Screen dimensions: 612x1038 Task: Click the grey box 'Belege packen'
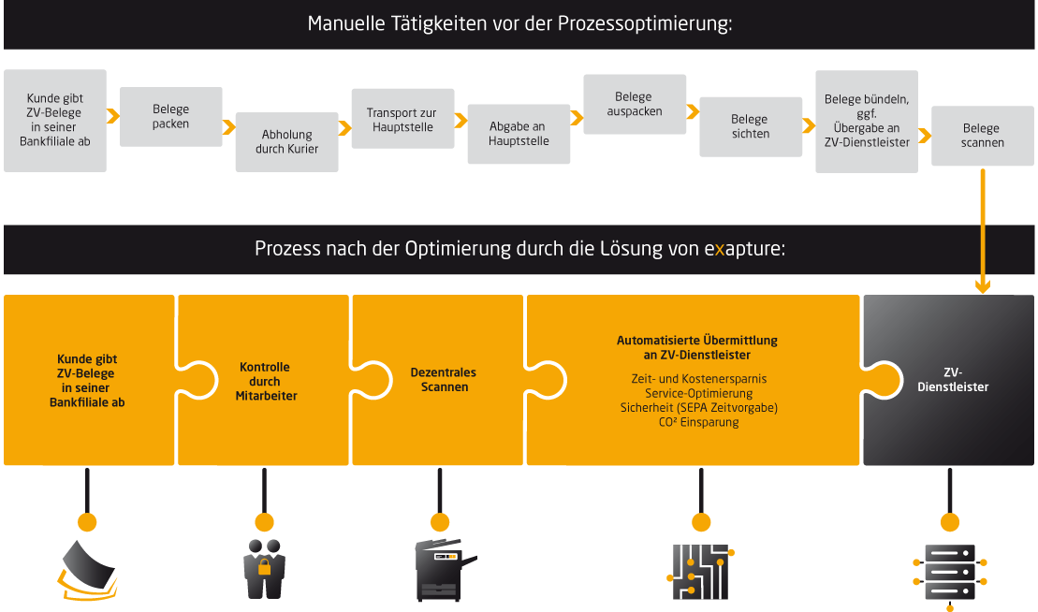[171, 116]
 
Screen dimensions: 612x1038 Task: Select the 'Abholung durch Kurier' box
[286, 141]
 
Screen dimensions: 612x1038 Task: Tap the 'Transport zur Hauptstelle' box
[401, 119]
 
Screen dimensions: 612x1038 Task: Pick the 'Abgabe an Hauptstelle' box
[518, 134]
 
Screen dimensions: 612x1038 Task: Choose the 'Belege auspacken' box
[634, 104]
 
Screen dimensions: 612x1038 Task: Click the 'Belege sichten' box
[750, 126]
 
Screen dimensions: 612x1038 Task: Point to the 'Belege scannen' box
[982, 136]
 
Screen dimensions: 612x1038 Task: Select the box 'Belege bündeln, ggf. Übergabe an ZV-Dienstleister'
[867, 121]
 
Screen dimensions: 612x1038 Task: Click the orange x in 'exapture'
[719, 250]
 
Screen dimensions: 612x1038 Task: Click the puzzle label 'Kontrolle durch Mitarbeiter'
[265, 382]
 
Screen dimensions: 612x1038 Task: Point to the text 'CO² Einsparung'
[698, 422]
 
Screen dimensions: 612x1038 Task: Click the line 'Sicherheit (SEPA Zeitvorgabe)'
[698, 408]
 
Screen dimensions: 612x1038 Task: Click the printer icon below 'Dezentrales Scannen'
[439, 569]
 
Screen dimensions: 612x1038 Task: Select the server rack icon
[949, 573]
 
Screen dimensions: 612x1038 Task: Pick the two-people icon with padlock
[264, 569]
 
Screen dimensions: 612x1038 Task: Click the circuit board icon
[700, 571]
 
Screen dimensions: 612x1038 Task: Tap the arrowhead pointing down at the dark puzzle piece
[982, 285]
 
